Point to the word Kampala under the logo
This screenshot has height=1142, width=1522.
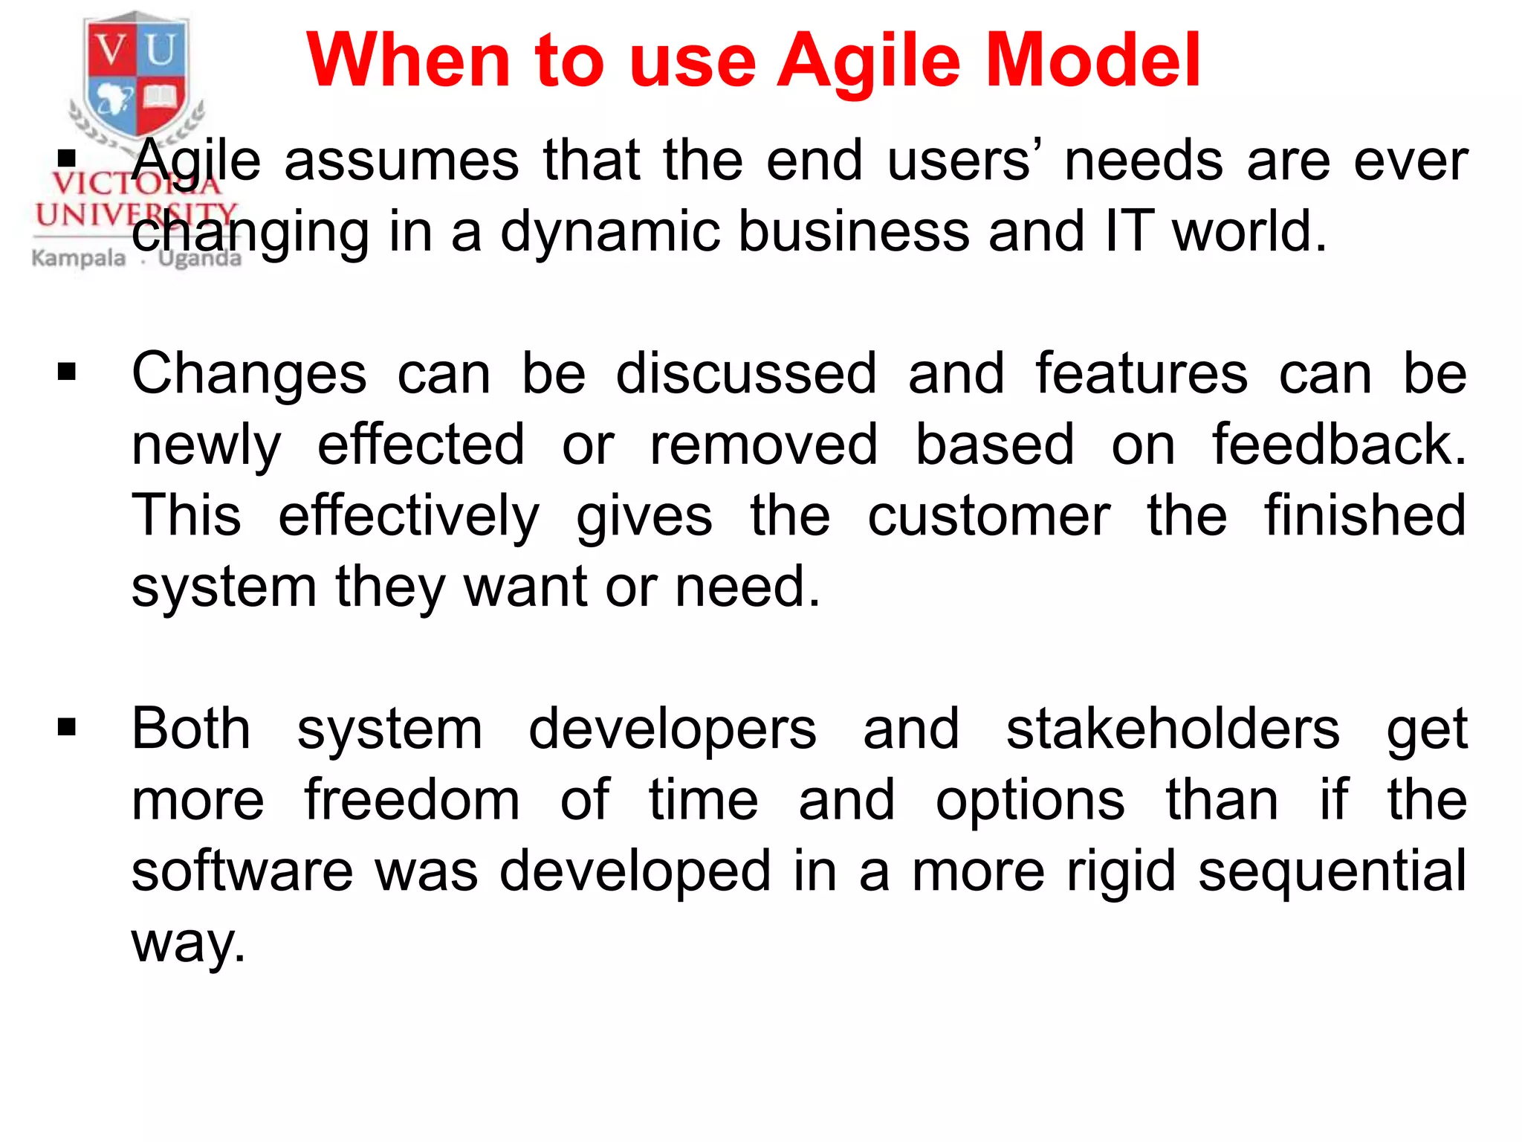coord(79,258)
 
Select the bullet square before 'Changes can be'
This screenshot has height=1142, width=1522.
coord(67,371)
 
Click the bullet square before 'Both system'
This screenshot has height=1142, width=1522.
coord(67,726)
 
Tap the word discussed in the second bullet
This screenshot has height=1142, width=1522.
coord(746,373)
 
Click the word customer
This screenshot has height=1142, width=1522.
coord(988,516)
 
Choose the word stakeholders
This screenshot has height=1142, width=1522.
coord(1173,729)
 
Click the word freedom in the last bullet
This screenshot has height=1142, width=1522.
coord(412,800)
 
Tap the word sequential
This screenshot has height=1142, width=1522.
coord(1332,871)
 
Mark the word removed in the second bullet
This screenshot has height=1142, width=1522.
coord(763,445)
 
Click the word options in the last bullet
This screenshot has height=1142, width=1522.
coord(1029,801)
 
